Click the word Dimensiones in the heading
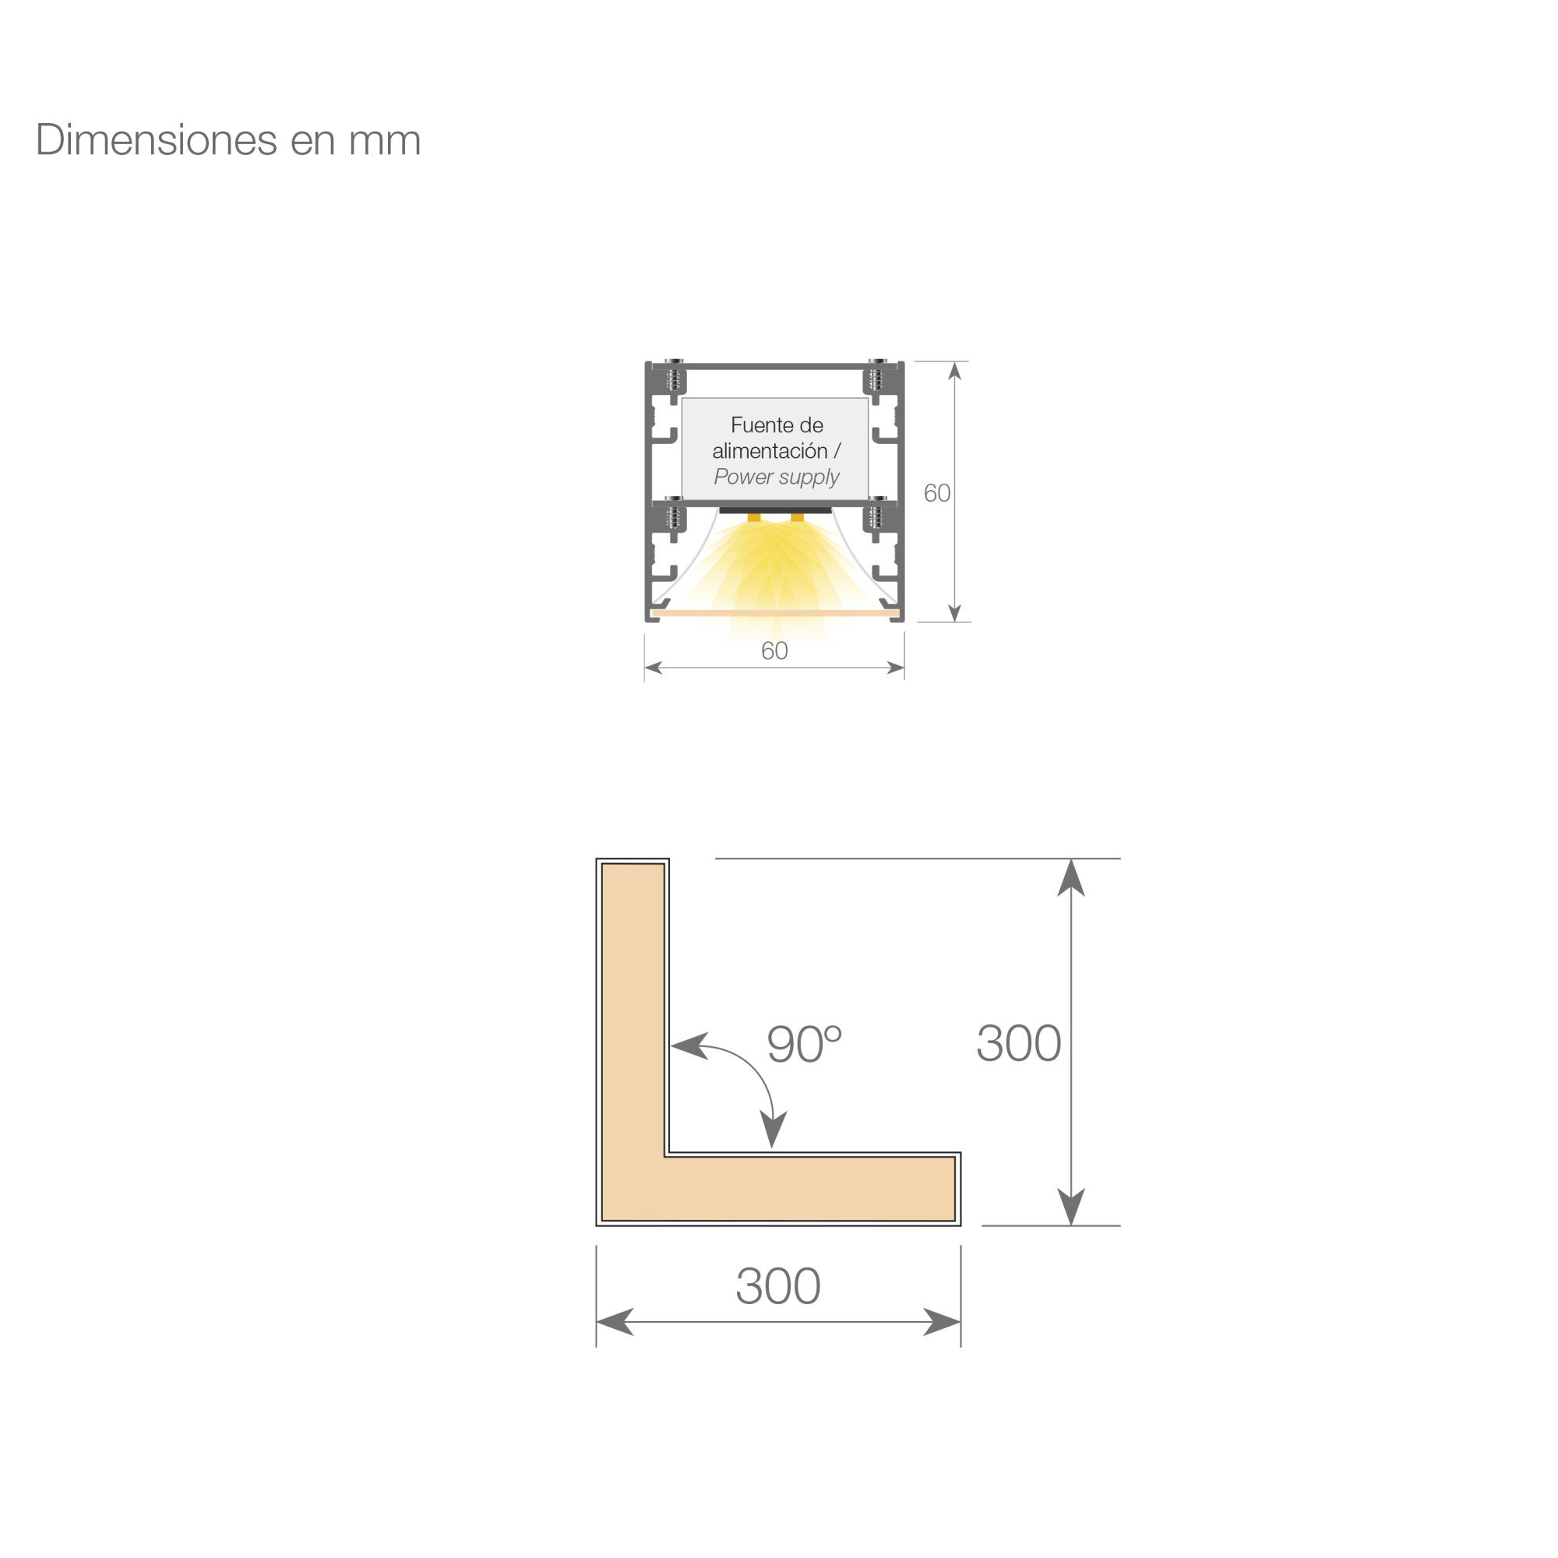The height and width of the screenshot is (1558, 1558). pos(157,139)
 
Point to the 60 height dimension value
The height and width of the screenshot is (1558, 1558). pos(937,493)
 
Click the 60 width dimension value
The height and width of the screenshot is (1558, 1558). pos(774,650)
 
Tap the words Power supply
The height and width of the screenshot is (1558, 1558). pos(777,478)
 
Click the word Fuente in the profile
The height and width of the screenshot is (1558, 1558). pos(756,425)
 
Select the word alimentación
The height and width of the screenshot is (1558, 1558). pos(770,451)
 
